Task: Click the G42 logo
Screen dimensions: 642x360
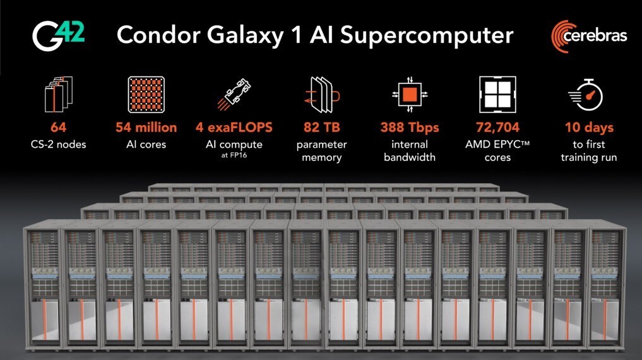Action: (x=59, y=36)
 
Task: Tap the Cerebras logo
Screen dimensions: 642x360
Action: (x=589, y=36)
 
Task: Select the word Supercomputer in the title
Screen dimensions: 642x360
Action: (x=427, y=36)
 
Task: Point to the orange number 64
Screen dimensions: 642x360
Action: (x=59, y=128)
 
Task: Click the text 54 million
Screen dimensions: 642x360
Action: (x=146, y=128)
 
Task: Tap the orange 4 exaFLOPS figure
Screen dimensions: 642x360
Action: (x=234, y=128)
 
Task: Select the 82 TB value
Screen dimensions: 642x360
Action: (x=322, y=128)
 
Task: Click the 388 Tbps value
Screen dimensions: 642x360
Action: (x=410, y=128)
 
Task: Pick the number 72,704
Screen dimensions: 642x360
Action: (x=497, y=128)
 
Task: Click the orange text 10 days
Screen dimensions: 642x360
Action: (x=589, y=128)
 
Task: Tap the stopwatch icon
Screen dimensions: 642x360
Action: (x=586, y=95)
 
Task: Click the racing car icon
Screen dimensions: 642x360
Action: (x=234, y=95)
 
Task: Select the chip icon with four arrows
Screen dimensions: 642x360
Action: (x=410, y=95)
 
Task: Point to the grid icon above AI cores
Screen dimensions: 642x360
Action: (x=146, y=95)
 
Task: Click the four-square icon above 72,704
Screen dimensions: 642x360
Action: (x=497, y=95)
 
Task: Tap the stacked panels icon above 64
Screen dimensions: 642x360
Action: (x=59, y=94)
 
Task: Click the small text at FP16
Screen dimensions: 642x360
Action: (x=234, y=155)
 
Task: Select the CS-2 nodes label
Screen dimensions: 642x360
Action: (x=59, y=145)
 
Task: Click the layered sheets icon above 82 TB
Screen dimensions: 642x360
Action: (x=322, y=95)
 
